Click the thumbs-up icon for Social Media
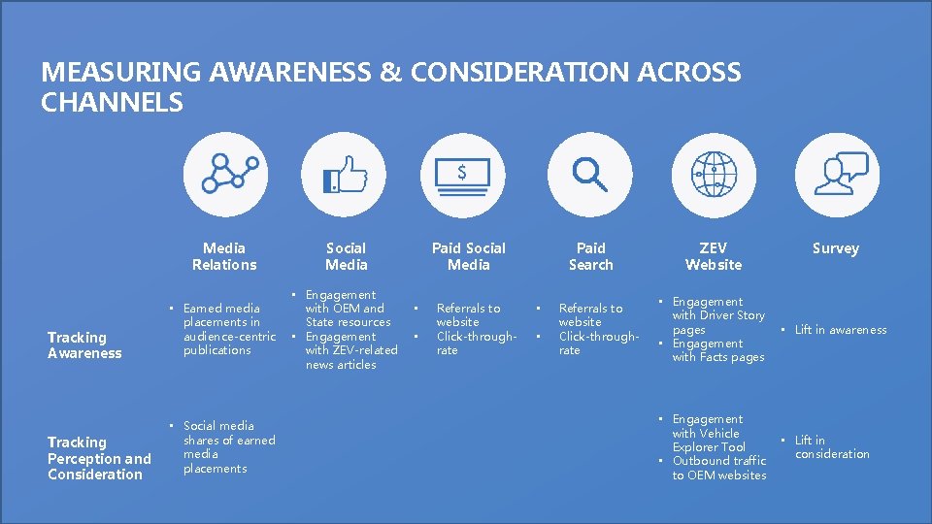(x=346, y=175)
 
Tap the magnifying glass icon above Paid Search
(x=590, y=175)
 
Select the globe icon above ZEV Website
(x=714, y=175)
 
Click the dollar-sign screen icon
(x=468, y=175)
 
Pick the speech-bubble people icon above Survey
(x=836, y=175)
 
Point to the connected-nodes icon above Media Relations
(x=224, y=175)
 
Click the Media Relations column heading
(x=224, y=256)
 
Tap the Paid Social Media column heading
(x=469, y=256)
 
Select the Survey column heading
(x=836, y=248)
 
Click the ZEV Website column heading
(x=714, y=256)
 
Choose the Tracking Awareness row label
(x=84, y=345)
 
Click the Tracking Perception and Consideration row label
(x=99, y=458)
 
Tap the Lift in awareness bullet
(x=840, y=330)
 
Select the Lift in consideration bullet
(x=832, y=447)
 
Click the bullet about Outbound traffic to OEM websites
(x=718, y=468)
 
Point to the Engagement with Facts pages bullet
(x=717, y=350)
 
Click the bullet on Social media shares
(x=228, y=447)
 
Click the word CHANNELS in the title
(x=112, y=103)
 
